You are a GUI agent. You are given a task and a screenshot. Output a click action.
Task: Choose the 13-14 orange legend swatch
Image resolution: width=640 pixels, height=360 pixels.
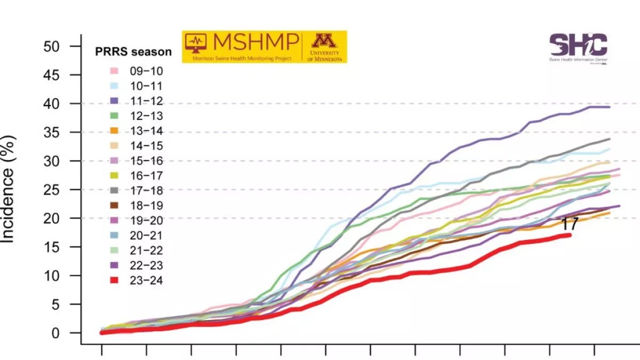(x=114, y=131)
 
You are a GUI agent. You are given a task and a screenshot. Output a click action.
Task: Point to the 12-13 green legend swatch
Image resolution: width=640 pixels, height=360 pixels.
(x=114, y=116)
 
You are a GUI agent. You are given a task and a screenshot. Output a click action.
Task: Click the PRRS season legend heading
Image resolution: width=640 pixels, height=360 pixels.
(x=133, y=52)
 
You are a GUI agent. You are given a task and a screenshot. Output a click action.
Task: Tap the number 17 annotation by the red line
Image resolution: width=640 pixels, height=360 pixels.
(x=570, y=225)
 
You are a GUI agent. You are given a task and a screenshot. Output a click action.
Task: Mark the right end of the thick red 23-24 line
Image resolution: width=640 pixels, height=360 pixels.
(x=570, y=235)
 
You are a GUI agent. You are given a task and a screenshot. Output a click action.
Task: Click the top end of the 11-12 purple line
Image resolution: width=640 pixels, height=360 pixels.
(x=609, y=107)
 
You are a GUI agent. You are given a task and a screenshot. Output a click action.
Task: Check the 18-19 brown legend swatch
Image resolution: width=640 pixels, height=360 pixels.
(x=114, y=205)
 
